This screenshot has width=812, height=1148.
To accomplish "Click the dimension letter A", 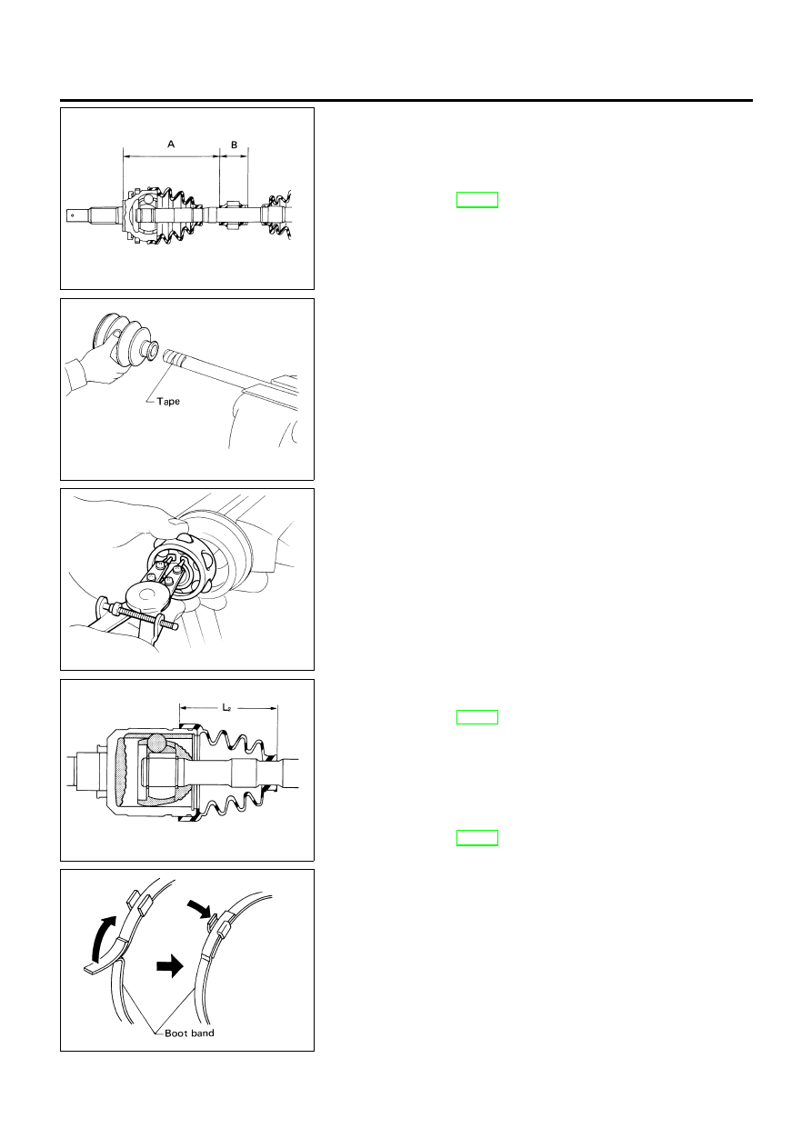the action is (x=171, y=144).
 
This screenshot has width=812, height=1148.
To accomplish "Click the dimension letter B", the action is (x=235, y=145).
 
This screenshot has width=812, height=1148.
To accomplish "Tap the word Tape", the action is (x=168, y=401).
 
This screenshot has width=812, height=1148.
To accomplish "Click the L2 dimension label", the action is (x=227, y=708).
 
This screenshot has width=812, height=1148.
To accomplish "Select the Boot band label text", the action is (x=189, y=1033).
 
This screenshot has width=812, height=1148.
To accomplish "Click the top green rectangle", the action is (x=476, y=199).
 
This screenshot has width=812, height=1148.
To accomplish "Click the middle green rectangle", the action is (x=476, y=717).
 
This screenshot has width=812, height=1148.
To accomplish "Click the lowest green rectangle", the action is (x=476, y=837).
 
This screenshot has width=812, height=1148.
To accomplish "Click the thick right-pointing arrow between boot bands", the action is (x=170, y=966).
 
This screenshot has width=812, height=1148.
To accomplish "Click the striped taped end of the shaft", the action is (x=175, y=355).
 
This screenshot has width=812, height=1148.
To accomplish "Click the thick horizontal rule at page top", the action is (x=406, y=101).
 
